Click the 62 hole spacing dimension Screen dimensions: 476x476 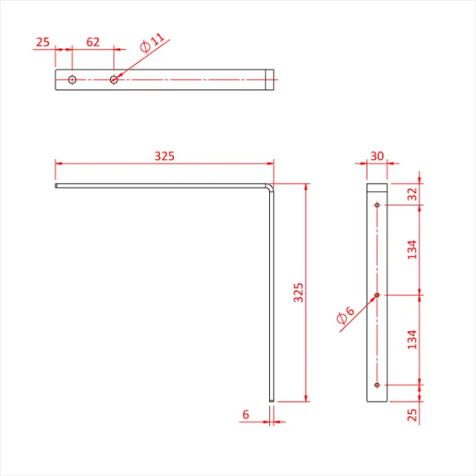pos(92,42)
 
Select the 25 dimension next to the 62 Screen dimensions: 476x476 pos(42,42)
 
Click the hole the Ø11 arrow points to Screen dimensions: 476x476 pos(114,79)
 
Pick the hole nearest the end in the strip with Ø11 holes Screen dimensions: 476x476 pos(72,79)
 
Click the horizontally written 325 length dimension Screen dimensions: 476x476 pos(164,155)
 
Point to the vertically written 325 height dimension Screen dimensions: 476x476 pos(298,292)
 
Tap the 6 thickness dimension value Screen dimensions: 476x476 pos(245,414)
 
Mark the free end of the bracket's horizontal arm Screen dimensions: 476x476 pos(57,185)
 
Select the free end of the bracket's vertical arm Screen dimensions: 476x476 pos(273,401)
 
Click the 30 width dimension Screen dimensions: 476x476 pos(377,155)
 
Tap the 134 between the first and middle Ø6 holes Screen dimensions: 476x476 pos(412,248)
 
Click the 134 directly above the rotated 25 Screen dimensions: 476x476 pos(412,339)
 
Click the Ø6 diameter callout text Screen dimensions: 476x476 pos(344,317)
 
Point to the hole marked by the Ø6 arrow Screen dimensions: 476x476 pos(378,295)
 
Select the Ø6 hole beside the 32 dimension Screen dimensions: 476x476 pos(378,205)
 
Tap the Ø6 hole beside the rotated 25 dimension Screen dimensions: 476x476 pos(378,385)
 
